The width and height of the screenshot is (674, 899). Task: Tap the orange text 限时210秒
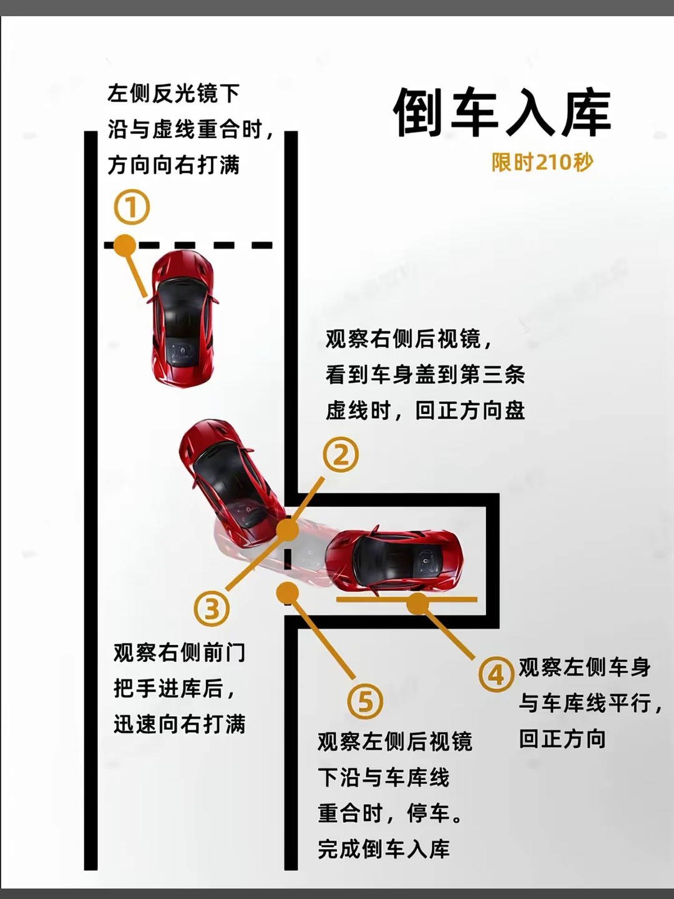542,162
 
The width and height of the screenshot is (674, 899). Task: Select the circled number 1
132,207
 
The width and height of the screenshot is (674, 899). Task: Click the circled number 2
341,454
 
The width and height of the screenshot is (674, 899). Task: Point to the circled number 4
496,674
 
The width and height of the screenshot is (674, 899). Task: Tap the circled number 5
365,701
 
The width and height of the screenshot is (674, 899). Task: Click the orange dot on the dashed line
124,245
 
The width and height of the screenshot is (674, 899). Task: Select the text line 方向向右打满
174,165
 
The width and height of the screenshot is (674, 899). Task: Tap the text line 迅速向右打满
180,724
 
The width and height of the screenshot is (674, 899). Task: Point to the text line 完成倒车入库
384,848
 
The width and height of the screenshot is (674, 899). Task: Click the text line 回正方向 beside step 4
562,739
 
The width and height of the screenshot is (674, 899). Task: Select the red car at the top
182,318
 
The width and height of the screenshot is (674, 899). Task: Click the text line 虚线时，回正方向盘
425,411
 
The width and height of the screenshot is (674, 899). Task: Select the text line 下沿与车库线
383,777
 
